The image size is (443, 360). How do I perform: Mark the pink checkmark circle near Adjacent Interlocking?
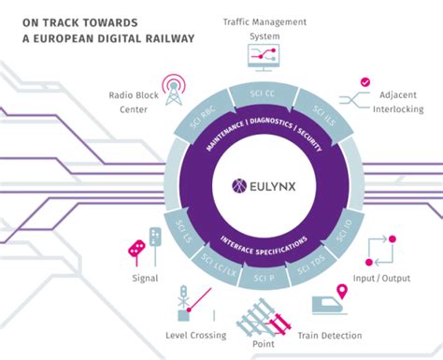click(x=364, y=81)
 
